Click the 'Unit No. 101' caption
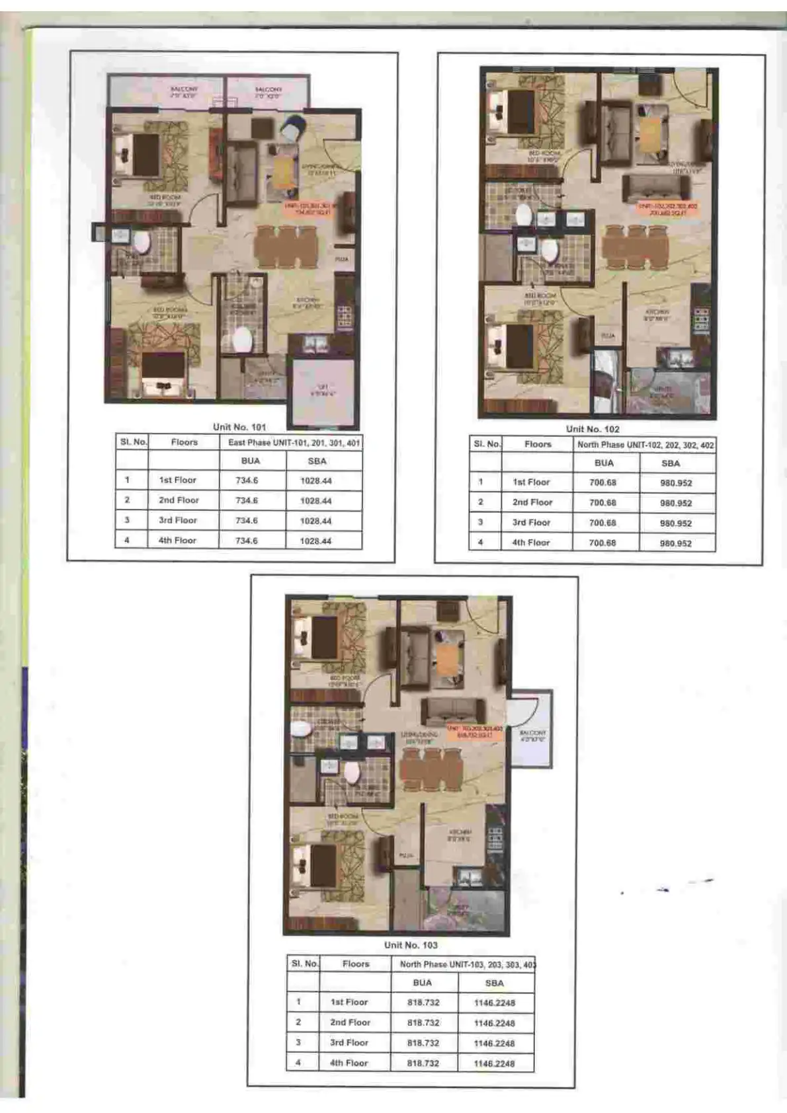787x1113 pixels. (x=239, y=427)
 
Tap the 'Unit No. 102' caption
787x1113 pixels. (x=593, y=429)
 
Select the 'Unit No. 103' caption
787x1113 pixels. (x=411, y=945)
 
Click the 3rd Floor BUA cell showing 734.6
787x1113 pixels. (x=247, y=521)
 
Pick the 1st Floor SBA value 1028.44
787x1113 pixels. (x=315, y=481)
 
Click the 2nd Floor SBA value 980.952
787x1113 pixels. (x=675, y=503)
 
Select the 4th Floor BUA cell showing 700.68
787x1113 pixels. (x=602, y=543)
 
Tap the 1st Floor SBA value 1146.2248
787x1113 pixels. (x=494, y=1003)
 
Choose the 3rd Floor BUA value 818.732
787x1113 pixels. (x=423, y=1043)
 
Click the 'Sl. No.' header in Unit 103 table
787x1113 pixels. (x=304, y=964)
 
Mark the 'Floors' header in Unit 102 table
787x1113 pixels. (x=537, y=445)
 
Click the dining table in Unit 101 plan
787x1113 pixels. (x=286, y=247)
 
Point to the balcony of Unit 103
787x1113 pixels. (x=533, y=730)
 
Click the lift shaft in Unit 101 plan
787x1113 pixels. (x=323, y=391)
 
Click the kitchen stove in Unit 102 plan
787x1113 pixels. (x=701, y=319)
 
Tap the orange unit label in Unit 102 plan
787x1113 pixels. (x=667, y=210)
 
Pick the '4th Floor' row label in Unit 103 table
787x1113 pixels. (x=349, y=1063)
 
